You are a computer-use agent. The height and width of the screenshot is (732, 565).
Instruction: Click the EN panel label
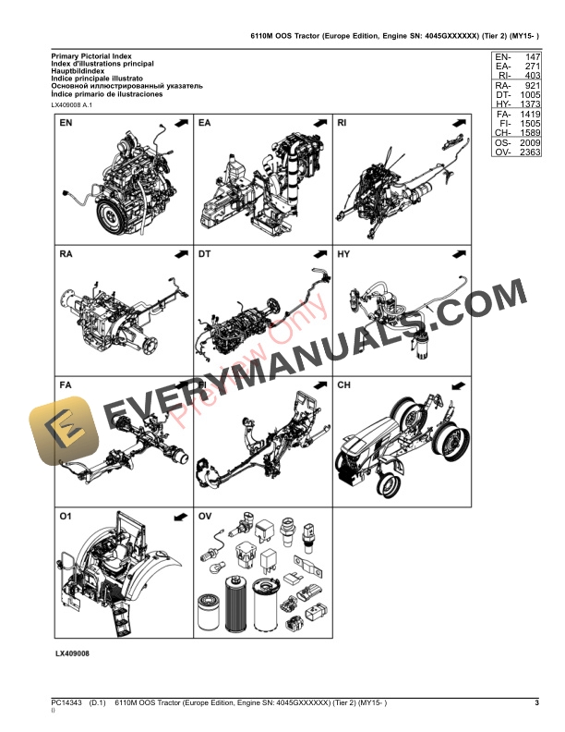pyautogui.click(x=67, y=123)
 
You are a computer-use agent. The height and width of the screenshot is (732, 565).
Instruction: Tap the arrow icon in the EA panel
pyautogui.click(x=319, y=123)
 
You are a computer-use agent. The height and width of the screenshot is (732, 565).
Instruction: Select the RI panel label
pyautogui.click(x=343, y=123)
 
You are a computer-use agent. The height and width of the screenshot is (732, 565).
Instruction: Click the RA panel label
pyautogui.click(x=67, y=252)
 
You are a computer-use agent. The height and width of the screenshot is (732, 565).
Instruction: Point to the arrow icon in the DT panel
pyautogui.click(x=319, y=252)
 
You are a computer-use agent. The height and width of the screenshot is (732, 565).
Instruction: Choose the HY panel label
pyautogui.click(x=344, y=252)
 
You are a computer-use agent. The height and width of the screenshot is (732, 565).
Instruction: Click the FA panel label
pyautogui.click(x=67, y=384)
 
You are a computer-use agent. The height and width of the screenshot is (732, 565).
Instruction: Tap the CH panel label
pyautogui.click(x=344, y=384)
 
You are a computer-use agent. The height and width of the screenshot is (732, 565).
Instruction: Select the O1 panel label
pyautogui.click(x=67, y=514)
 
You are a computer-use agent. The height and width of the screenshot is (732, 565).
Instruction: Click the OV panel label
pyautogui.click(x=206, y=514)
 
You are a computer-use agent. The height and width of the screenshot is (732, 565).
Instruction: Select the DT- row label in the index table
pyautogui.click(x=503, y=95)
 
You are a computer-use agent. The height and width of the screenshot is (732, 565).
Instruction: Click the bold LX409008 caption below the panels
pyautogui.click(x=72, y=653)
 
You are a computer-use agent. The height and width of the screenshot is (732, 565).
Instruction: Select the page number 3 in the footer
pyautogui.click(x=536, y=705)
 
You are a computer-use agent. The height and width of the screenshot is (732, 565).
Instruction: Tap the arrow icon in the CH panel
pyautogui.click(x=458, y=384)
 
